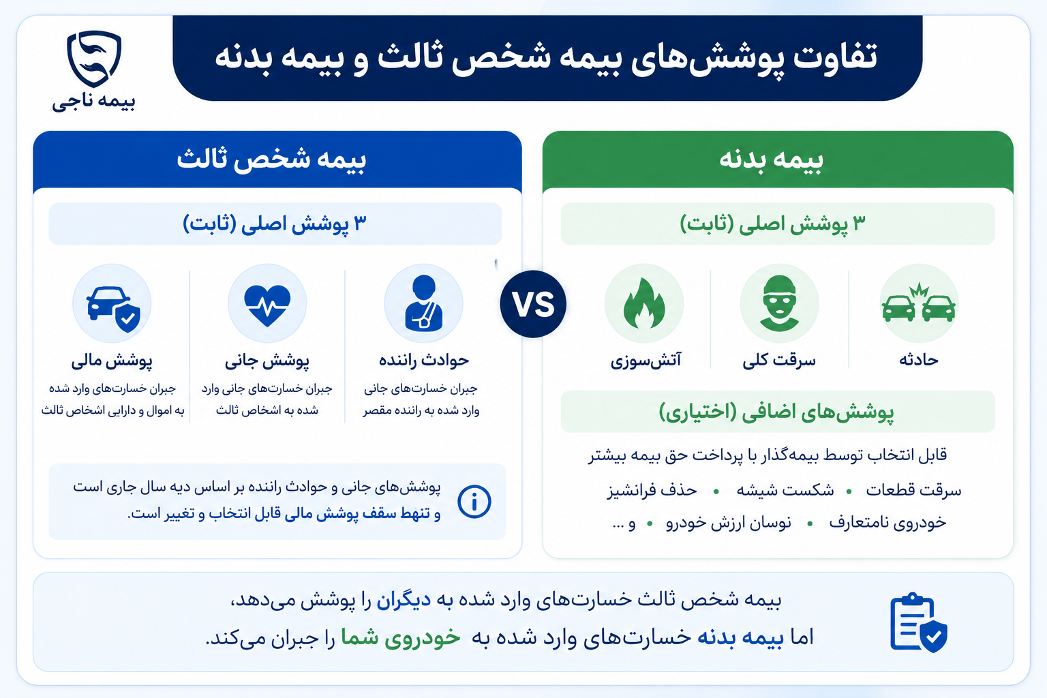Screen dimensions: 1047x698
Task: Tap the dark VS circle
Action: [x=533, y=304]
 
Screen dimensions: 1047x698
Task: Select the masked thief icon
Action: [x=779, y=303]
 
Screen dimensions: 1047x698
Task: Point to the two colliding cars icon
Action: [x=918, y=303]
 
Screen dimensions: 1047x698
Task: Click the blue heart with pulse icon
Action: [x=267, y=305]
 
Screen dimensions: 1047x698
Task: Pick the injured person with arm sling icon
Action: [x=423, y=303]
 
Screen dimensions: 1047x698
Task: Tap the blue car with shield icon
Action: [x=113, y=309]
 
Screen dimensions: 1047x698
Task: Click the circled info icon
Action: [x=474, y=502]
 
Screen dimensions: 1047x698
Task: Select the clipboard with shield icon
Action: [x=918, y=622]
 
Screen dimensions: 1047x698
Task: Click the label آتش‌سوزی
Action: [x=646, y=361]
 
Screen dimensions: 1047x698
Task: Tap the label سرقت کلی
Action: [x=778, y=360]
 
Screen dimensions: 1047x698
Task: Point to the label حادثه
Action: [x=918, y=359]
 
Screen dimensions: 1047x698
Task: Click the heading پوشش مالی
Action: [x=112, y=361]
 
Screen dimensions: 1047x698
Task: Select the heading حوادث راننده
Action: [x=423, y=360]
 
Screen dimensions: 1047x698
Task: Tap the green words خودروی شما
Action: [x=401, y=638]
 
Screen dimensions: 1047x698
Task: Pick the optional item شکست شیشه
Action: [x=785, y=490]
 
